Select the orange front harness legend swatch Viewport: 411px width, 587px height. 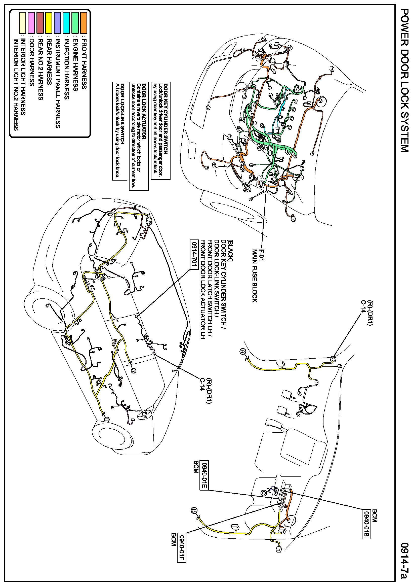pos(84,22)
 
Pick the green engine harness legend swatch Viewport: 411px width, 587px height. pos(75,22)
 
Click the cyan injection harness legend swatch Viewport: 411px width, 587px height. pos(66,22)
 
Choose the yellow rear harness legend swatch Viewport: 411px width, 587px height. pos(49,22)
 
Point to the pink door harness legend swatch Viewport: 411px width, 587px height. pos(31,22)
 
